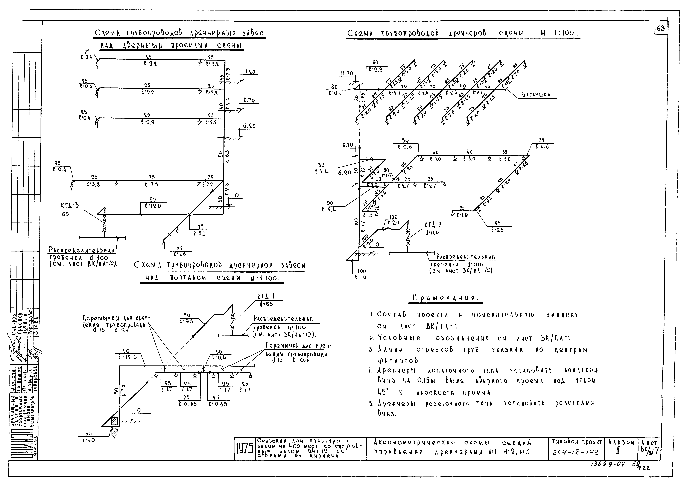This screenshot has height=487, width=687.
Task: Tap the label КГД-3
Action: coord(70,206)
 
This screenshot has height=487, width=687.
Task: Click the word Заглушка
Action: coord(536,95)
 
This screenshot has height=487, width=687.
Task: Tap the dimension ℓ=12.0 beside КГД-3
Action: coord(153,206)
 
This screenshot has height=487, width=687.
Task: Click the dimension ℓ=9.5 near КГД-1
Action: coord(186,321)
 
